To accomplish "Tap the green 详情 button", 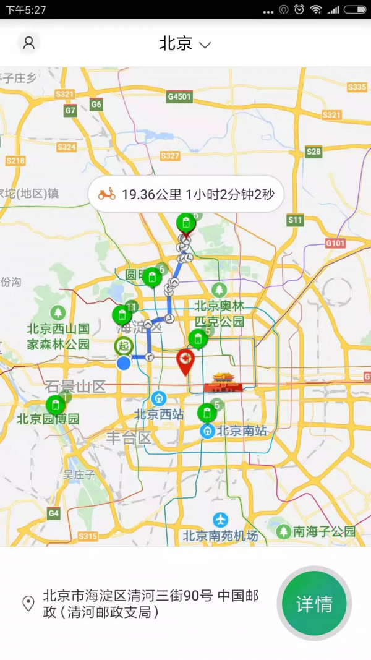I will (314, 604).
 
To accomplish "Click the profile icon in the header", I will (28, 43).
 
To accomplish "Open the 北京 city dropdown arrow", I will (205, 45).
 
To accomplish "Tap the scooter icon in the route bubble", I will (107, 194).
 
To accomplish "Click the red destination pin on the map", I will (185, 361).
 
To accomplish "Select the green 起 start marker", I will (124, 346).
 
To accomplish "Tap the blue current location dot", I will (124, 363).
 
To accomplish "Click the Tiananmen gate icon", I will (223, 383).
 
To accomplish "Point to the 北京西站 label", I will (159, 414).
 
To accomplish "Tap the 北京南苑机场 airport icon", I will (220, 520).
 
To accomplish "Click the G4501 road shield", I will (179, 97).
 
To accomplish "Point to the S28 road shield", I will (313, 152).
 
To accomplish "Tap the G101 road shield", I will (335, 243).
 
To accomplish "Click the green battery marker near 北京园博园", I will (56, 406).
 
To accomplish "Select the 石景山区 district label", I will (75, 387).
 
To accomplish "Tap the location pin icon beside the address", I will (28, 604).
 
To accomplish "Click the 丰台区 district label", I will (129, 438).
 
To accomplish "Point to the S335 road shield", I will (357, 87).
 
